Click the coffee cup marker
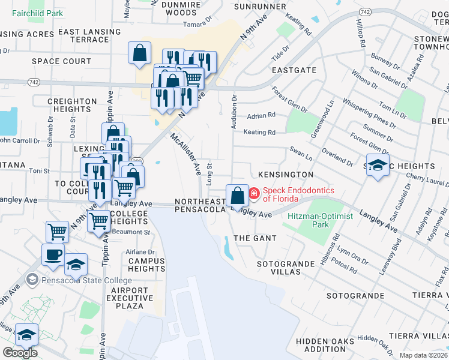(53, 254)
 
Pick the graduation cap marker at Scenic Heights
(376, 165)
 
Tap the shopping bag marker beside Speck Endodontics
(237, 195)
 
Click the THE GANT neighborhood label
(255, 238)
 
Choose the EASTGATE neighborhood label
(294, 70)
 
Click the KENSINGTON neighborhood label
(286, 175)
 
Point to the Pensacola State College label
(84, 280)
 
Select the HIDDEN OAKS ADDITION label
(325, 345)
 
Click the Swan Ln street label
(301, 156)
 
